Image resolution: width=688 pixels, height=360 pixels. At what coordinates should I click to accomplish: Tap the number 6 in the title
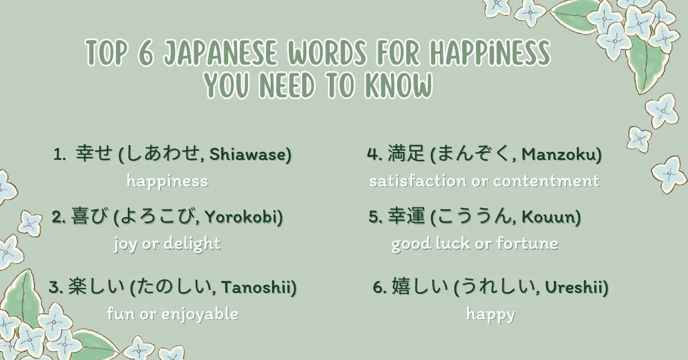[144, 53]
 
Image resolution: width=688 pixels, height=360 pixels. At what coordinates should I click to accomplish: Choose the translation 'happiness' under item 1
[167, 182]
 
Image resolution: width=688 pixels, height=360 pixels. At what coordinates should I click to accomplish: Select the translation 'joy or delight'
[167, 243]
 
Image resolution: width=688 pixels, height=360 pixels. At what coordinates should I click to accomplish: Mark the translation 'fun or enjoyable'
[173, 314]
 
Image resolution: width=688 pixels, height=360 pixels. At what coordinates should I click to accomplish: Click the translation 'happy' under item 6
[490, 314]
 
